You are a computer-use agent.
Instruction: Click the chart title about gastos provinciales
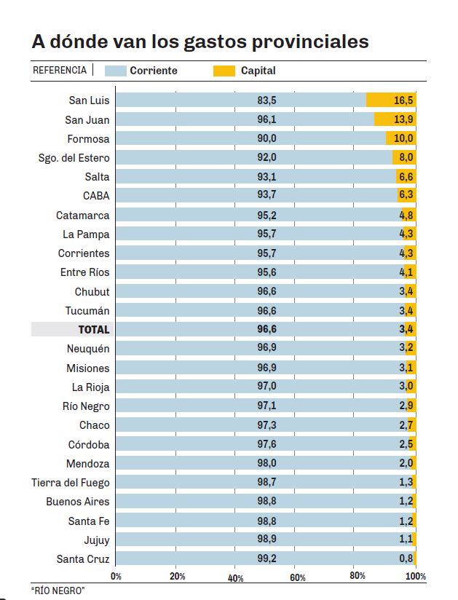(x=200, y=42)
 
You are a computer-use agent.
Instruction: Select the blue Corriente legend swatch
(x=116, y=71)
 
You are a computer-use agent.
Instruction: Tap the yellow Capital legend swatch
(x=224, y=71)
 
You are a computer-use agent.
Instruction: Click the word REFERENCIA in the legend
(x=60, y=71)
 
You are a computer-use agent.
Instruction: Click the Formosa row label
(x=88, y=138)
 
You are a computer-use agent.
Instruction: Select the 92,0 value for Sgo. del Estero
(x=266, y=157)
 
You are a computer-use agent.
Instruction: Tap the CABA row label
(x=96, y=196)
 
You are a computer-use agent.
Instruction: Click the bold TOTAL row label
(x=94, y=330)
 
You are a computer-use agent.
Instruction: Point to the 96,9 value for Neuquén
(x=266, y=349)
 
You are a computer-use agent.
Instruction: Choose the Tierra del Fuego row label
(x=70, y=483)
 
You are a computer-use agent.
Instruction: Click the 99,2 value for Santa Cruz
(x=266, y=559)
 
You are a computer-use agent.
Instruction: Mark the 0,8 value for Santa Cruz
(x=406, y=559)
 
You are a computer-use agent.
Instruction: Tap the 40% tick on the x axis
(x=235, y=577)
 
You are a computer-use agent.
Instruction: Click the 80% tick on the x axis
(x=357, y=576)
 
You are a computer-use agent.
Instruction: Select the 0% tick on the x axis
(x=116, y=576)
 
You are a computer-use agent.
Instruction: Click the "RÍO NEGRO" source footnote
(x=58, y=591)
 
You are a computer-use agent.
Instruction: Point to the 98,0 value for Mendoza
(x=266, y=464)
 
